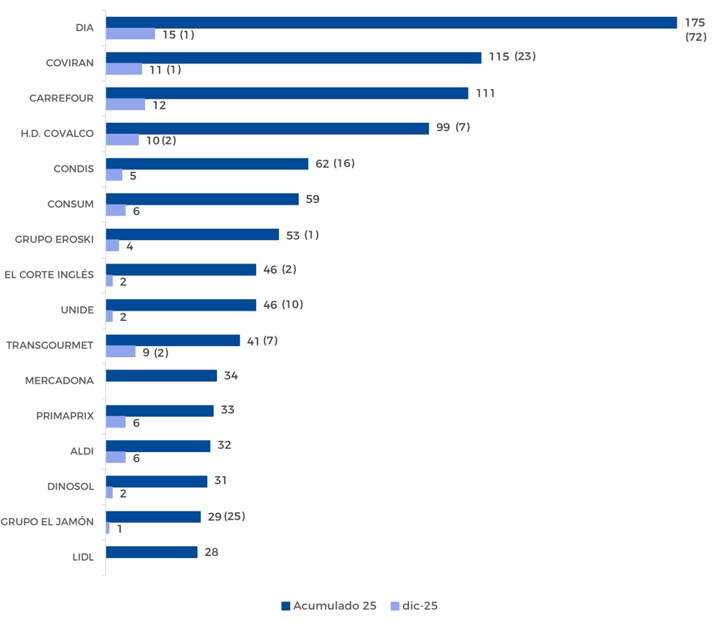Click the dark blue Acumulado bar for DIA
pyautogui.click(x=391, y=23)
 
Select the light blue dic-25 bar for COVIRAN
pyautogui.click(x=124, y=69)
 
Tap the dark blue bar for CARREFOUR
pyautogui.click(x=287, y=93)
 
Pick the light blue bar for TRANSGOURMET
pyautogui.click(x=121, y=352)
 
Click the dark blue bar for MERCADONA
pyautogui.click(x=161, y=375)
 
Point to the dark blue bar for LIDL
pyautogui.click(x=152, y=552)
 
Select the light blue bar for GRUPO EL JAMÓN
pyautogui.click(x=108, y=529)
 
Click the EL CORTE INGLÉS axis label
pyautogui.click(x=49, y=275)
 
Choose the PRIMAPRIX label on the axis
pyautogui.click(x=65, y=416)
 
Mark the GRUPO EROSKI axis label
pyautogui.click(x=54, y=239)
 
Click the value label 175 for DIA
pyautogui.click(x=695, y=23)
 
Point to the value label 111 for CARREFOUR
pyautogui.click(x=485, y=93)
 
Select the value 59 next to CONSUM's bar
pyautogui.click(x=313, y=199)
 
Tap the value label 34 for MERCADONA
pyautogui.click(x=231, y=375)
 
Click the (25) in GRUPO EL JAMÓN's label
pyautogui.click(x=235, y=517)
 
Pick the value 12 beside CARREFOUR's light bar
pyautogui.click(x=159, y=105)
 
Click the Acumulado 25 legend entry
pyautogui.click(x=329, y=606)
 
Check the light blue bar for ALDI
pyautogui.click(x=115, y=458)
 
